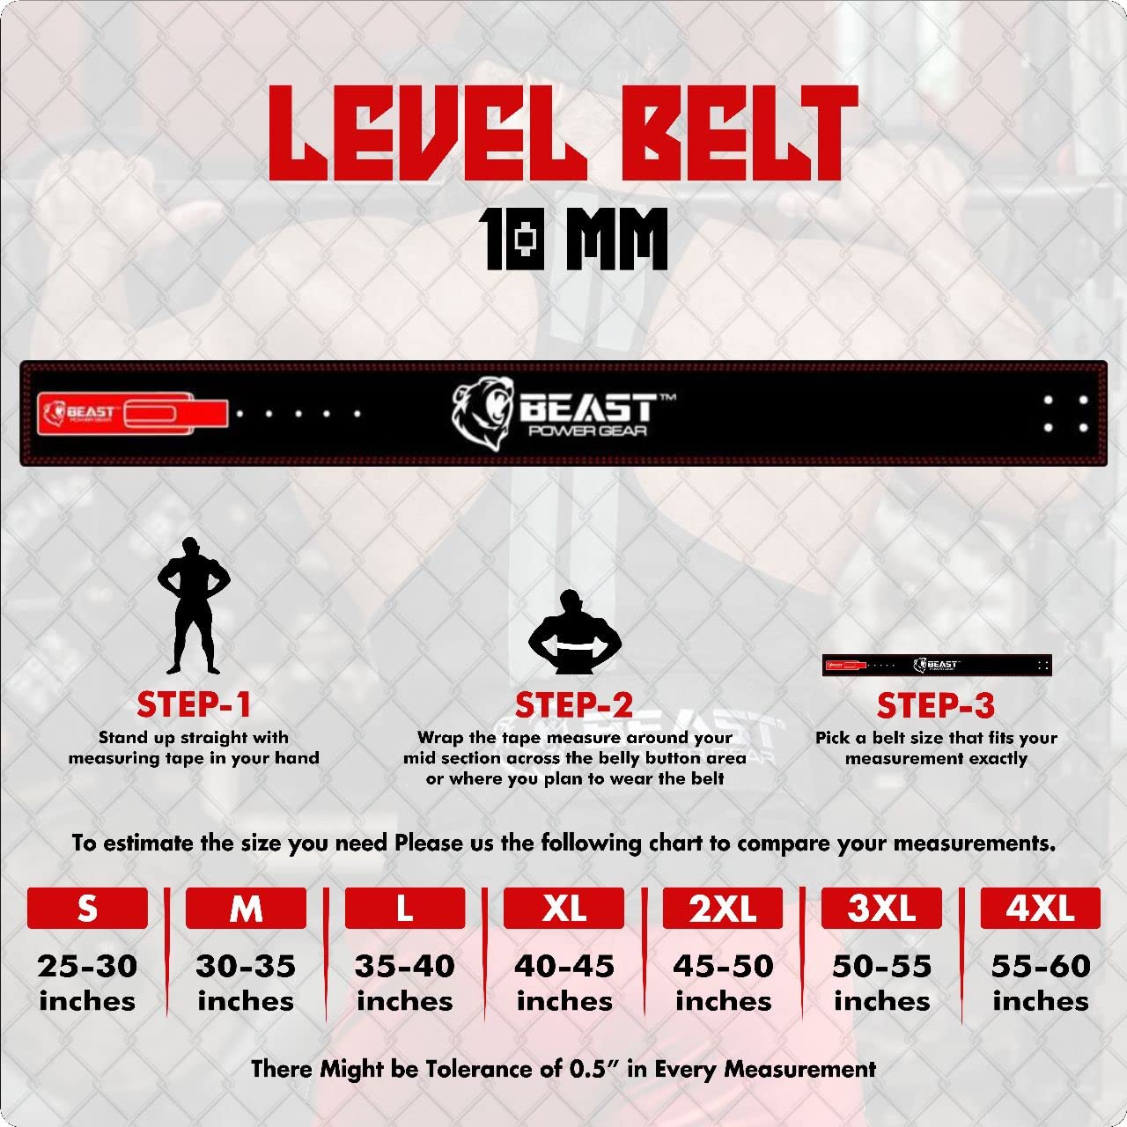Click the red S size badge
[87, 908]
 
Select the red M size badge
[246, 908]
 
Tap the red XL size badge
[563, 908]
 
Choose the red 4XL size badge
[1040, 908]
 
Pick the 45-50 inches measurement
[723, 983]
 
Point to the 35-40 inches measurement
[405, 983]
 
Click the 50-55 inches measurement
[881, 983]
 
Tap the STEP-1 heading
[194, 704]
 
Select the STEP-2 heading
[574, 705]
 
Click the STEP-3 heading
[935, 705]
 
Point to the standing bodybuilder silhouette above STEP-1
[193, 606]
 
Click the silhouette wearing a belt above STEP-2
[574, 632]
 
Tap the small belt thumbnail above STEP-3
[937, 665]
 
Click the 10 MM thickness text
[574, 238]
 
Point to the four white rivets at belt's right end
[1065, 413]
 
